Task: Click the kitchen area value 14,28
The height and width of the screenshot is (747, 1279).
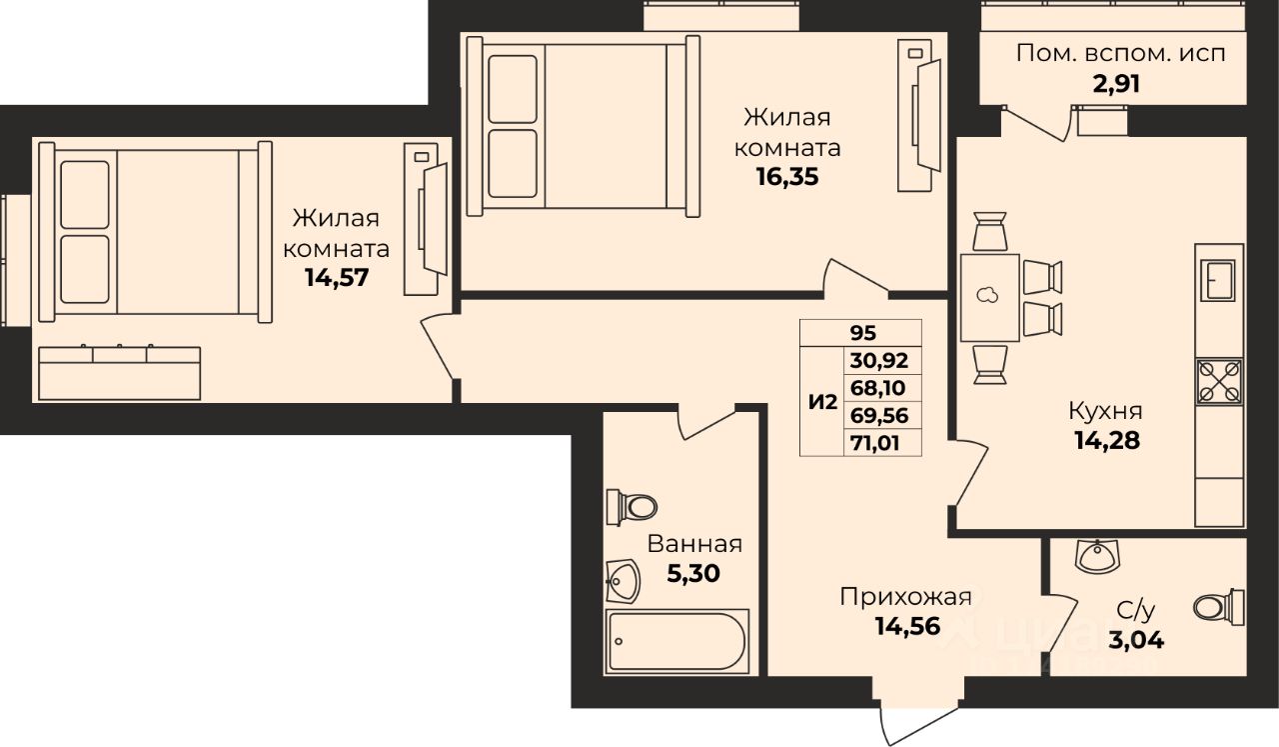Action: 1107,441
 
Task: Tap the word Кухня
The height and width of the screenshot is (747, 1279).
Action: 1105,411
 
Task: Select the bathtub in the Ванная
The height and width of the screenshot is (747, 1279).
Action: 677,641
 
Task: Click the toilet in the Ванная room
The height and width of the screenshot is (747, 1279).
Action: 632,506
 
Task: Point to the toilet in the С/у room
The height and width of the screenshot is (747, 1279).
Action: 1219,607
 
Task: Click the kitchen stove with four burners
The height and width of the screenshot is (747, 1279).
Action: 1219,381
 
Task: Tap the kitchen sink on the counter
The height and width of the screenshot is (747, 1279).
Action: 1218,280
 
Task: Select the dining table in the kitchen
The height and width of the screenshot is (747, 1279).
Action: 990,297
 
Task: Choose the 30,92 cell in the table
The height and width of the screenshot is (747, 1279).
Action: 879,361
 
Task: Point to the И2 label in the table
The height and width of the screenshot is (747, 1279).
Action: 822,403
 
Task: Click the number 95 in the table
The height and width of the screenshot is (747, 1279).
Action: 862,333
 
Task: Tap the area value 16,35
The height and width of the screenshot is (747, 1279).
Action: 787,177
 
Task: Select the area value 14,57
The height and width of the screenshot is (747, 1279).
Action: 337,278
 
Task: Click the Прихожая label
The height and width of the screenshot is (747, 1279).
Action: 905,597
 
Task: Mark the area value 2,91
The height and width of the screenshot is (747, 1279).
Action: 1116,84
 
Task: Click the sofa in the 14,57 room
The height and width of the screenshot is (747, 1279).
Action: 119,373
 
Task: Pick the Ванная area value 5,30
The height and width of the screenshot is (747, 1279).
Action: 693,573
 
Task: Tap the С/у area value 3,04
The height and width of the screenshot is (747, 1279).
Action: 1136,640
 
